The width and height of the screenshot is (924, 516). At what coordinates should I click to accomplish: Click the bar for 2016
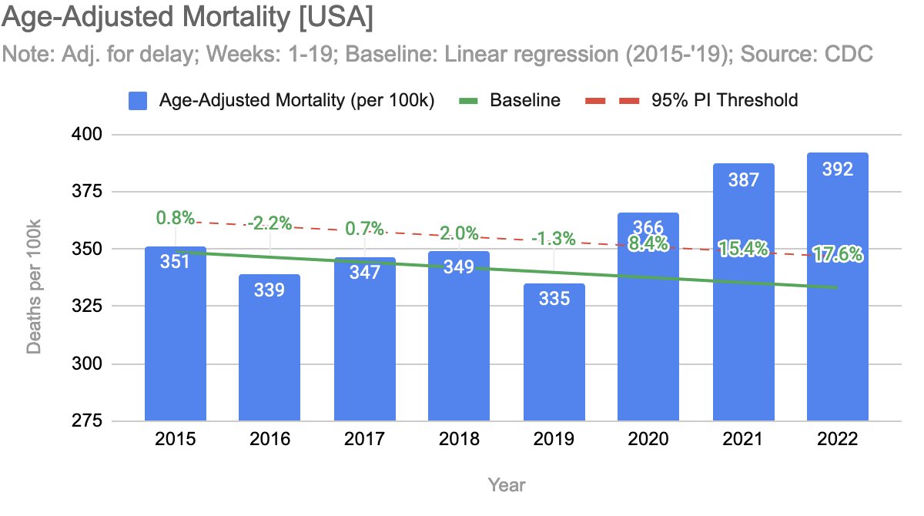coord(269,347)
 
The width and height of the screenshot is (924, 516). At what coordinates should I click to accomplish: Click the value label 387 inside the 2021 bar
coord(743,180)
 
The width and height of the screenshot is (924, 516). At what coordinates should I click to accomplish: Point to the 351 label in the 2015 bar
coord(175,261)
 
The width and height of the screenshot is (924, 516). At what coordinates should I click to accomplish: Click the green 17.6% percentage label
coord(837,254)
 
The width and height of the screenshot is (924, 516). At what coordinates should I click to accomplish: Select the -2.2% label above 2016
coord(269,224)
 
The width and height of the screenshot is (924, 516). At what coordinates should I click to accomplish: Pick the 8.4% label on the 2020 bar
coord(648,244)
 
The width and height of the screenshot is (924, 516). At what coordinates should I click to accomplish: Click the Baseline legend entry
coord(524,100)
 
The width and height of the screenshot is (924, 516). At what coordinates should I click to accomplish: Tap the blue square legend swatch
coord(139,100)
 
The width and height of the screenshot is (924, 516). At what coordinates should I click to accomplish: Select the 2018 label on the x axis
coord(459,440)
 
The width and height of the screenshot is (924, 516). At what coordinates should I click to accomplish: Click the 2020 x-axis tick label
coord(648,440)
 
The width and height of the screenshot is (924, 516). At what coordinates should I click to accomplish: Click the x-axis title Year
coord(507,484)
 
